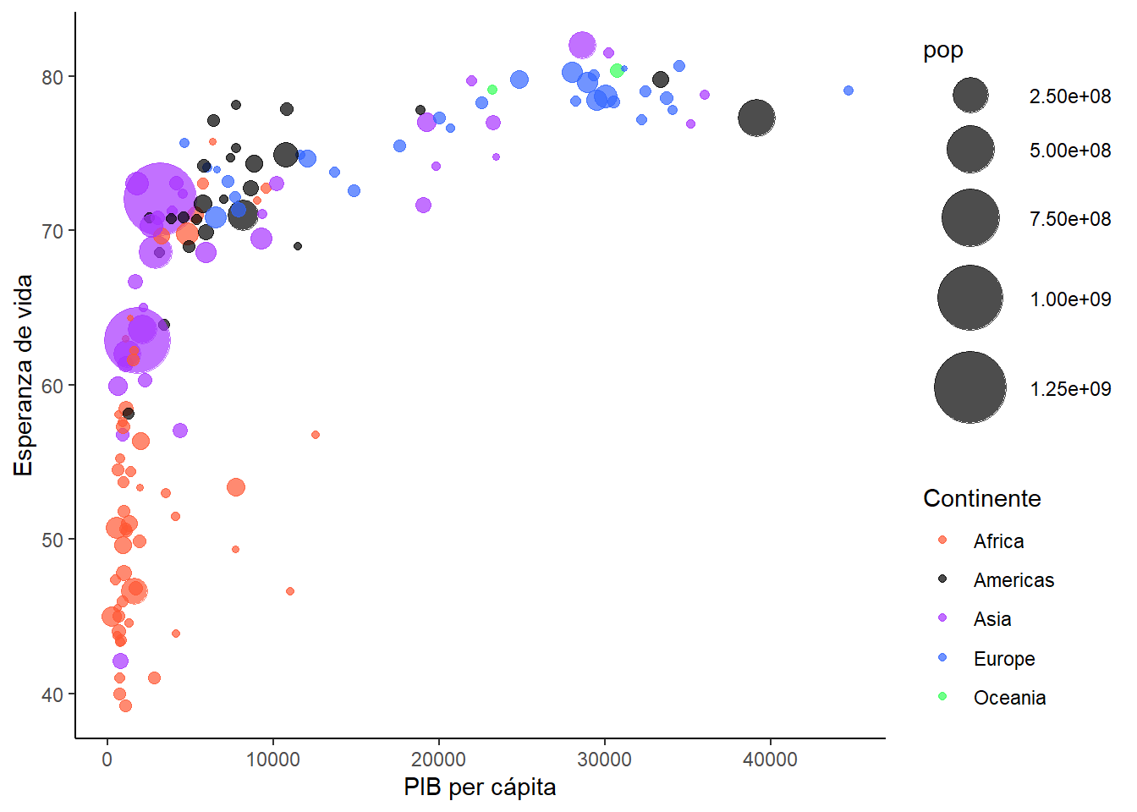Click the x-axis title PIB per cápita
coord(480,787)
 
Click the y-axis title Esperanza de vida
coord(24,375)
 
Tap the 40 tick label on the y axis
coord(52,694)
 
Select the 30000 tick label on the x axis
coord(604,760)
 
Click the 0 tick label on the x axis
coord(107,760)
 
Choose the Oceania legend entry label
coord(1009,698)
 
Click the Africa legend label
coord(998,541)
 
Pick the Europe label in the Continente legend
coord(1004,659)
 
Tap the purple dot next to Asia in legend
coord(942,618)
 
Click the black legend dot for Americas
coord(942,579)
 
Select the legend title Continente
coord(981,498)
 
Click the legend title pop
coord(942,51)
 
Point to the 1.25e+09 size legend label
coord(1070,389)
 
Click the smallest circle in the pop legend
coord(970,96)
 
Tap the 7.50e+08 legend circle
coord(970,218)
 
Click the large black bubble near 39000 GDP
coord(756,118)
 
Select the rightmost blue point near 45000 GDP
coord(849,91)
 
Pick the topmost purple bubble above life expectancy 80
coord(582,45)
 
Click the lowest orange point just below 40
coord(125,705)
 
